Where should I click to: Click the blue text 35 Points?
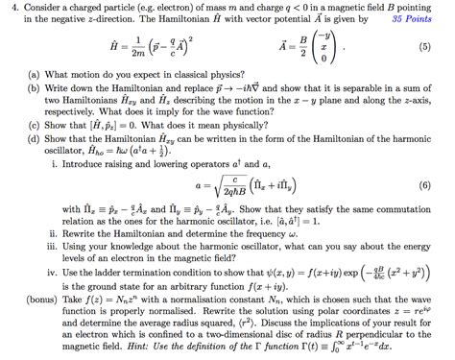(x=420, y=19)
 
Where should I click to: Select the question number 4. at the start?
(x=9, y=9)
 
